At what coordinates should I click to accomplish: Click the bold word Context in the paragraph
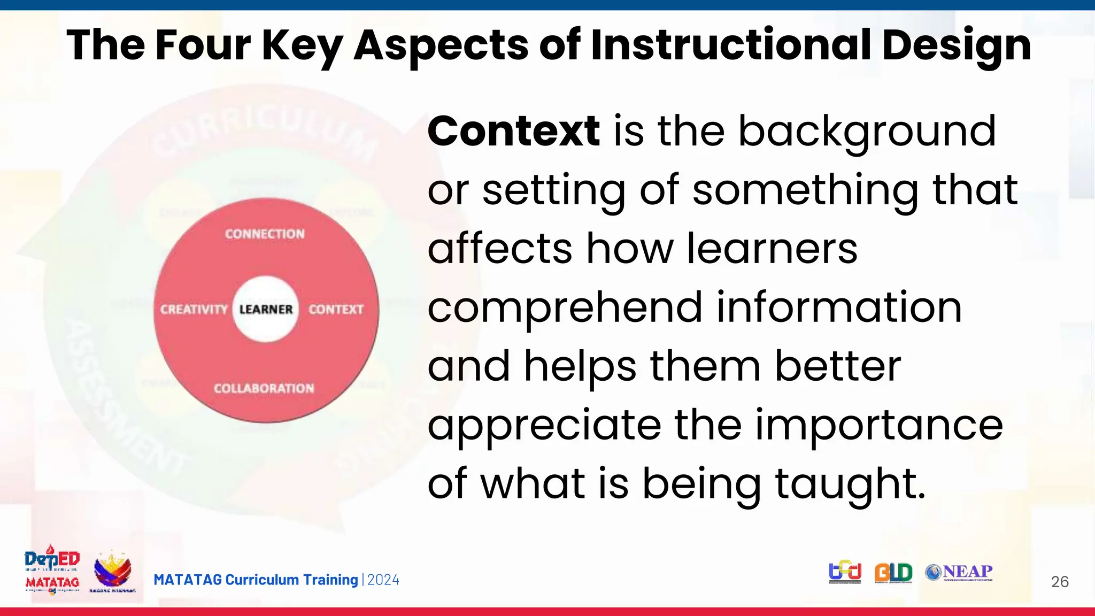pos(513,131)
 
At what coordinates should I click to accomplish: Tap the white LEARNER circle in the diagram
pos(266,309)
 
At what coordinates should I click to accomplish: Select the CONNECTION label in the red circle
pos(265,234)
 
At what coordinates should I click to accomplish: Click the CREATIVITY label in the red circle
pos(194,309)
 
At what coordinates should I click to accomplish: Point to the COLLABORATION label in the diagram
pos(264,388)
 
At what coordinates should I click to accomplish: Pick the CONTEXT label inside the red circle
pos(336,309)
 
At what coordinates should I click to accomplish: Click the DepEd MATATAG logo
pos(52,570)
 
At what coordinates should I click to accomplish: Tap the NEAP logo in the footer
pos(959,572)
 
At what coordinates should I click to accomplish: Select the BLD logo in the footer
pos(893,573)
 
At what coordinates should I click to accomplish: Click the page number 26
pos(1059,582)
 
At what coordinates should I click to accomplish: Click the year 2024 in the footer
pos(383,580)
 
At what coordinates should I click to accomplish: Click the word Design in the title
pos(957,46)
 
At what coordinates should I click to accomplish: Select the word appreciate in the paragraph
pos(544,425)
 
